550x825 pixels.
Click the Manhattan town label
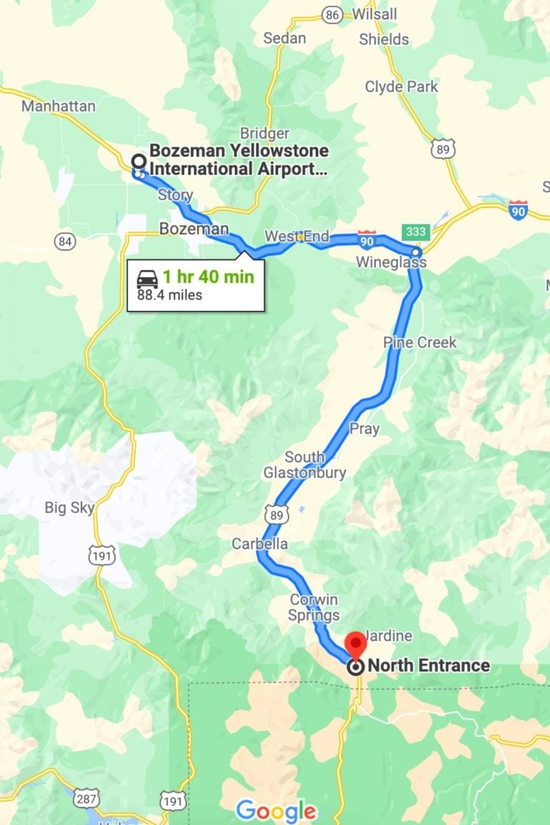[58, 106]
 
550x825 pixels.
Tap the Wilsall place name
[374, 14]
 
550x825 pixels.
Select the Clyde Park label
[401, 87]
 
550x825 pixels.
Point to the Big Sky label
[69, 508]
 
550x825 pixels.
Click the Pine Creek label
[420, 342]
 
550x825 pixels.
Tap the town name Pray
[364, 429]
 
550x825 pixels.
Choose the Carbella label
[259, 544]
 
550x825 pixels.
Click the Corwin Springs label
[314, 607]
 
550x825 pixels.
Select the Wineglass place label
[391, 263]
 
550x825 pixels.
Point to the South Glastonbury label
[304, 465]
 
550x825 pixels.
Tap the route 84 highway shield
[65, 241]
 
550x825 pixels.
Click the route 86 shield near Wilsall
[332, 14]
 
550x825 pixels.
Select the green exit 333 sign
[416, 232]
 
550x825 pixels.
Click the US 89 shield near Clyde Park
[441, 149]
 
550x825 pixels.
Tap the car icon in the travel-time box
[148, 278]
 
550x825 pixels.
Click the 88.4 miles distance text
[170, 294]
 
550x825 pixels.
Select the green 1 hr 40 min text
[208, 277]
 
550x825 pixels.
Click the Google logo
[276, 811]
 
